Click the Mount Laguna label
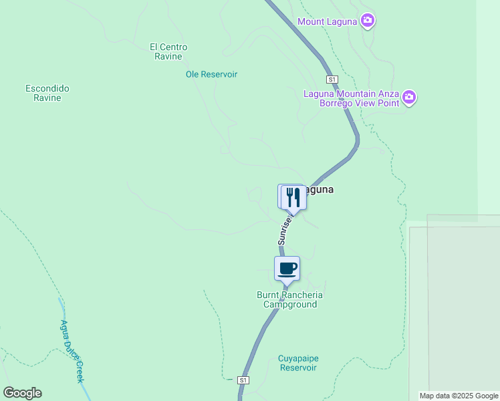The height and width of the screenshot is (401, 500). [328, 21]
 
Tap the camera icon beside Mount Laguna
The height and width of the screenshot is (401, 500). [367, 21]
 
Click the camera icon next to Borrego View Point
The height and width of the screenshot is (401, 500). [410, 98]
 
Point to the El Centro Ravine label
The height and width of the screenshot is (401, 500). [168, 51]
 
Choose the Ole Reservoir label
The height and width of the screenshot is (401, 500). [211, 74]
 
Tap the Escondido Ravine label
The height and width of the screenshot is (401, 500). [47, 93]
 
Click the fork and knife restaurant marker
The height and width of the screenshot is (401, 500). [293, 197]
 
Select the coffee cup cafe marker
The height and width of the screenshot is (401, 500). [287, 269]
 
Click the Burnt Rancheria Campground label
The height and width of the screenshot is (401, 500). [289, 299]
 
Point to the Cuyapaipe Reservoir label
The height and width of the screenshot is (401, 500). [297, 363]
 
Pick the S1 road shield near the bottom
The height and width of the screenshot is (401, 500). [244, 380]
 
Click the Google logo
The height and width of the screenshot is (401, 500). [22, 393]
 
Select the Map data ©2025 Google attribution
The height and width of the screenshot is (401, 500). [459, 396]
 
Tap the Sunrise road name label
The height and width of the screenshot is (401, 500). [285, 229]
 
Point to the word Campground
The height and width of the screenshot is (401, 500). [289, 304]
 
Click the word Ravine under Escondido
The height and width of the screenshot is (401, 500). [47, 98]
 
